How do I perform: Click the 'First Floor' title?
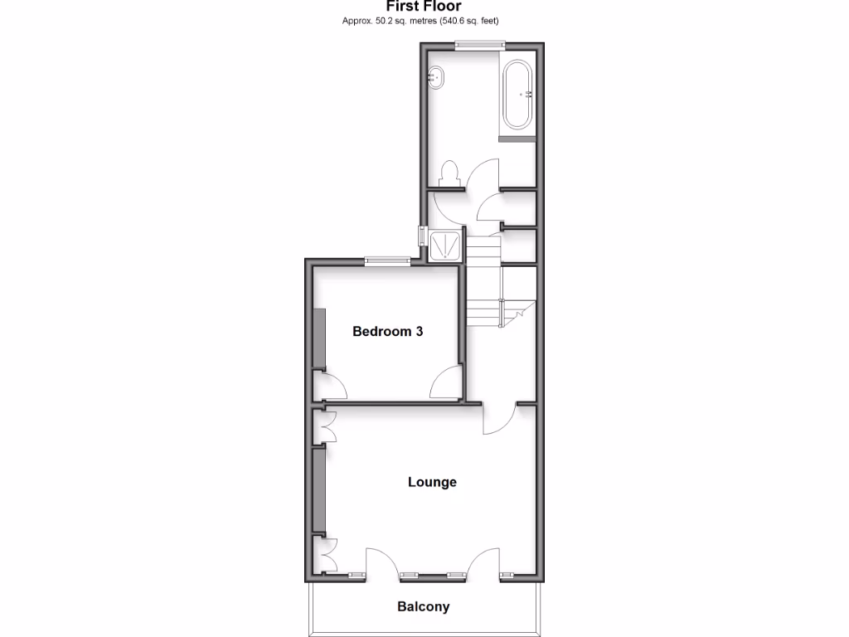click(x=423, y=6)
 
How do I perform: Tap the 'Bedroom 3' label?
click(x=388, y=332)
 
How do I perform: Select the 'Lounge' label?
click(x=432, y=482)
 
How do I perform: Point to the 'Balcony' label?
click(x=424, y=606)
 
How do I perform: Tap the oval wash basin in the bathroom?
click(x=435, y=78)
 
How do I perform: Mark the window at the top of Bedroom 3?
click(x=388, y=261)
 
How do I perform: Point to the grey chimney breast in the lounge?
click(x=320, y=489)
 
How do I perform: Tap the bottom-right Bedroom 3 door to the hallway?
click(x=446, y=383)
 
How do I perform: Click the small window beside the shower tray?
click(x=423, y=239)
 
